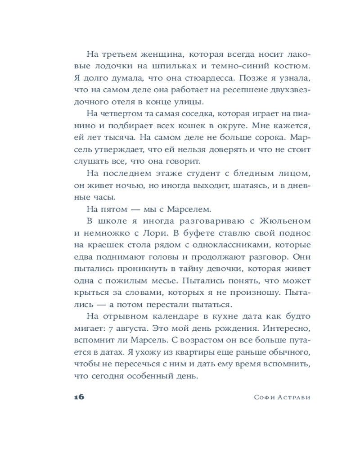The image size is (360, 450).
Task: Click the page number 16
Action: [x=78, y=396]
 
